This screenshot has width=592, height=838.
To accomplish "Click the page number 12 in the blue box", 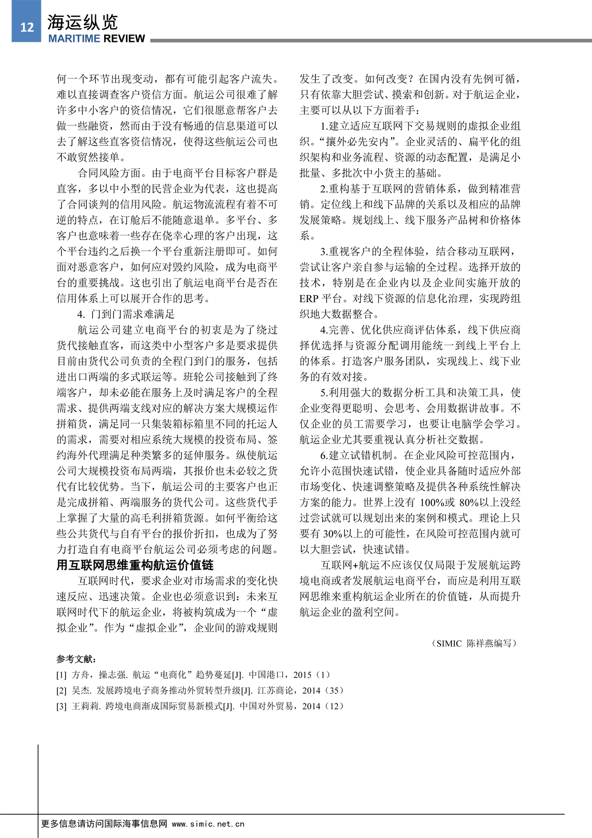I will point(27,27).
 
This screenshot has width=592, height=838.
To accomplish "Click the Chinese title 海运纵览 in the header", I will point(82,22).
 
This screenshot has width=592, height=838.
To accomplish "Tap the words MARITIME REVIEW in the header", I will point(97,39).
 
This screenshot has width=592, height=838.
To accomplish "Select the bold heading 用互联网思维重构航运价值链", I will point(135,565).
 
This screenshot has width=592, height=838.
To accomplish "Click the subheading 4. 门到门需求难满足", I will point(126,314).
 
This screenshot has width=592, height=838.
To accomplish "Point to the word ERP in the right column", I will point(309,299).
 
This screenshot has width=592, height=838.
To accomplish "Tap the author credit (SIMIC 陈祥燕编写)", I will point(475,644).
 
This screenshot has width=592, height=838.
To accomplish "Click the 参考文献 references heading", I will point(76,659).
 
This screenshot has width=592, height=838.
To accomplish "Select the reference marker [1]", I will point(61,675).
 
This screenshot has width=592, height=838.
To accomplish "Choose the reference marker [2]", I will point(61,691).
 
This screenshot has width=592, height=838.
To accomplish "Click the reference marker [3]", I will point(61,707).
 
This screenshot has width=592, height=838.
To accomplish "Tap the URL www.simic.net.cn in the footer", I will point(208,824).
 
